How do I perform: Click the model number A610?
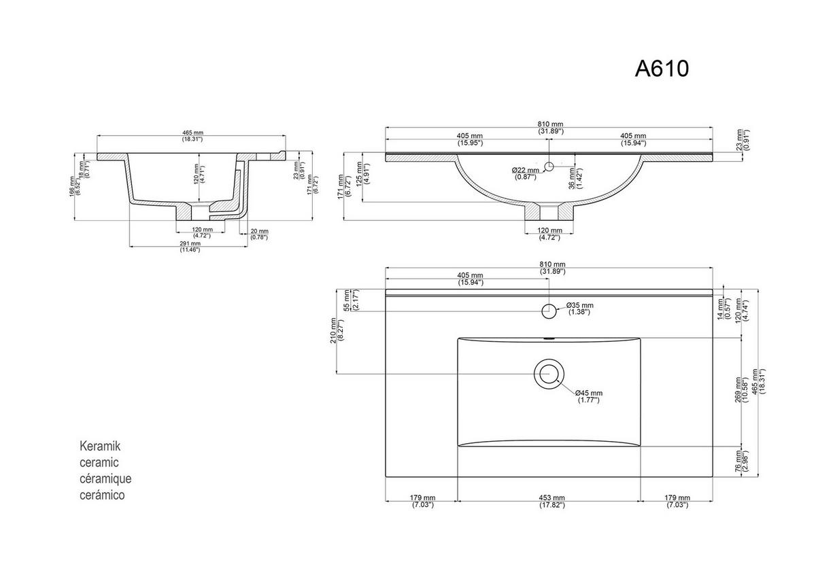point(662,69)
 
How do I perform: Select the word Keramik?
point(100,447)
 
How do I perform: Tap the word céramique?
point(105,479)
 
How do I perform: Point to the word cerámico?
point(103,495)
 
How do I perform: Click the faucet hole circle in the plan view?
point(548,311)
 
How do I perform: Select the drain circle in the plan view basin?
point(547,373)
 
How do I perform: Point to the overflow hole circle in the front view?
point(549,164)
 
